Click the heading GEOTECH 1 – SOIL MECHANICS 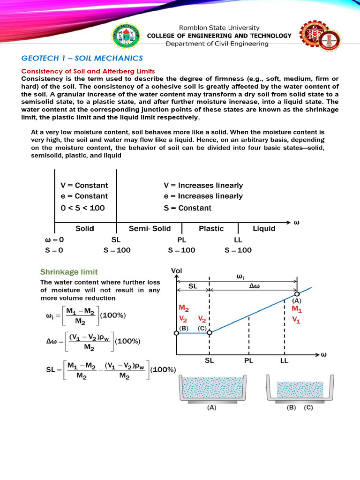click(82, 58)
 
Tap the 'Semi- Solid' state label click(150, 229)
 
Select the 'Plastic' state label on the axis click(211, 229)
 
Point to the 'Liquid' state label click(264, 229)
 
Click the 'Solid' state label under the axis click(85, 229)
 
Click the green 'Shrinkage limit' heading click(69, 272)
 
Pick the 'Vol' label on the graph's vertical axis click(177, 270)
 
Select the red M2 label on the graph click(184, 308)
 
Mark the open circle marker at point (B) click(176, 333)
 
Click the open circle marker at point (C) click(210, 333)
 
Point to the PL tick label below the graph click(249, 361)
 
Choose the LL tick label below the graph click(284, 361)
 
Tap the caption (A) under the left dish click(212, 408)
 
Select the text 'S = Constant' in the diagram click(187, 208)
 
